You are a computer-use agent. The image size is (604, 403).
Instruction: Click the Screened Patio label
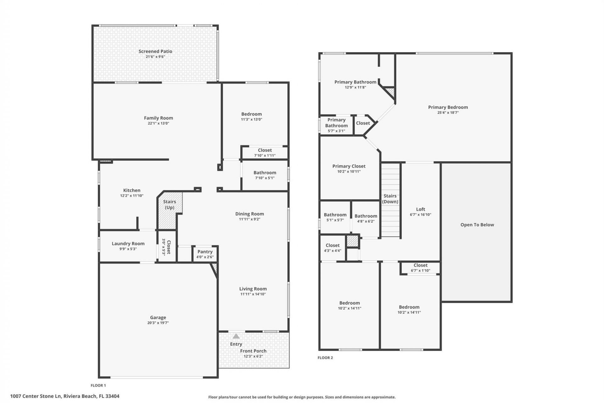[x=155, y=51]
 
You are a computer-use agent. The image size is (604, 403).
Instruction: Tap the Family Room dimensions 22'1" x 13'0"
[x=158, y=123]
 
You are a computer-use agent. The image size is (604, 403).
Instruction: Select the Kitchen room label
[x=131, y=190]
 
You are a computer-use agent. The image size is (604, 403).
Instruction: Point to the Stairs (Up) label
[x=170, y=204]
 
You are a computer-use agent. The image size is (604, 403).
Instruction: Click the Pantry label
[x=205, y=252]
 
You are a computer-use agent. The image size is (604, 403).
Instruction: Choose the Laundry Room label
[x=128, y=243]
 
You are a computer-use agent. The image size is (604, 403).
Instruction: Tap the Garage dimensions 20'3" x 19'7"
[x=158, y=323]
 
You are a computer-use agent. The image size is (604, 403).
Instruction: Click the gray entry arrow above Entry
[x=236, y=336]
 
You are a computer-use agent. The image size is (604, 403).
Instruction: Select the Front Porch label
[x=253, y=351]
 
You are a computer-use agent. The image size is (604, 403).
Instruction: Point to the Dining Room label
[x=249, y=214]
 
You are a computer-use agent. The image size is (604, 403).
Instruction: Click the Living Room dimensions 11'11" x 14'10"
[x=253, y=294]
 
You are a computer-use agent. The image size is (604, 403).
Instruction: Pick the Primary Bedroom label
[x=448, y=107]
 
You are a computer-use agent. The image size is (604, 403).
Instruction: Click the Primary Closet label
[x=349, y=166]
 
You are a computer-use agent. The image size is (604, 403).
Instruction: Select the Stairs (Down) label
[x=390, y=199]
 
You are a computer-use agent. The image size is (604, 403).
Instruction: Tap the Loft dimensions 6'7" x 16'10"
[x=420, y=215]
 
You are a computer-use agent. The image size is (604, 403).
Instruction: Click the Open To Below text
[x=477, y=224]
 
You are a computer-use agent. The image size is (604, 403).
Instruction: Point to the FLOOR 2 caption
[x=325, y=358]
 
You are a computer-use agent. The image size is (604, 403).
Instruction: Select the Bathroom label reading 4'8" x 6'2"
[x=366, y=216]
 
